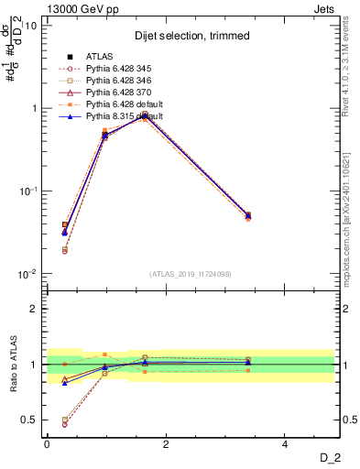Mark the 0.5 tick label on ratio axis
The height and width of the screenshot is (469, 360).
coord(31,420)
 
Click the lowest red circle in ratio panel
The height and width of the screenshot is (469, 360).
coord(64,424)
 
